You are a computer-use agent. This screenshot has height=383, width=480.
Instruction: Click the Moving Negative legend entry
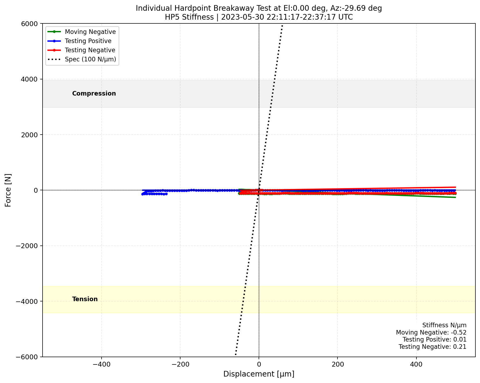[x=90, y=32]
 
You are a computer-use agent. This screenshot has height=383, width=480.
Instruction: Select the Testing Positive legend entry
[x=88, y=41]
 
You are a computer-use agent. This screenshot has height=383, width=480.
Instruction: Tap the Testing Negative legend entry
[x=90, y=50]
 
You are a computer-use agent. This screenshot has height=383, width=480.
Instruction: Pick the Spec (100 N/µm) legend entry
[x=90, y=59]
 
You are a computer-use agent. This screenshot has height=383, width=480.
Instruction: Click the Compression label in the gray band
[x=94, y=93]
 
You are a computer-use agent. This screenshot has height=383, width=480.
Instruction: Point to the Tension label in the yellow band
[x=85, y=299]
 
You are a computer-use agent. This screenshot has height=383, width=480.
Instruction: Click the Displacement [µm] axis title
[x=259, y=374]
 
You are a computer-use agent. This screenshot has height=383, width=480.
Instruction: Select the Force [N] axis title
[x=8, y=190]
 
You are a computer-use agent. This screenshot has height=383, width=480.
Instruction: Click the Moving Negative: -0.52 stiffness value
[x=431, y=332]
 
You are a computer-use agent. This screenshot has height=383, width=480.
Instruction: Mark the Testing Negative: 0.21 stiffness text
[x=432, y=347]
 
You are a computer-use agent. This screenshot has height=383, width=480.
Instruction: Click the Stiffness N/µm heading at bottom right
[x=444, y=325]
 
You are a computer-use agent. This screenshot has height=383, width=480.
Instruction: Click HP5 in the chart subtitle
[x=171, y=17]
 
